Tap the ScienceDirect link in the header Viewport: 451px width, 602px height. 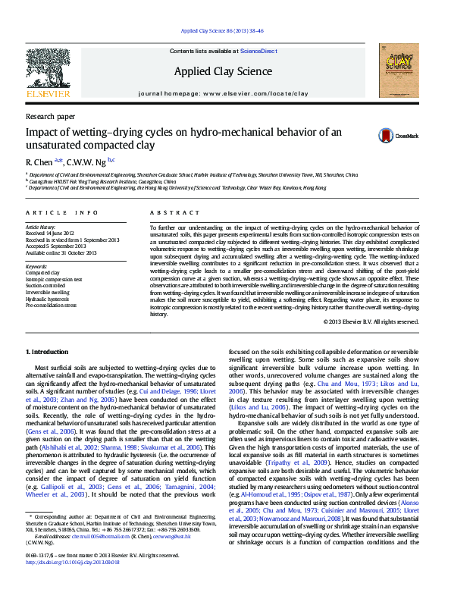point(258,50)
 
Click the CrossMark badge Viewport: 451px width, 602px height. point(398,136)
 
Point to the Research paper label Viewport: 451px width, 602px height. point(50,117)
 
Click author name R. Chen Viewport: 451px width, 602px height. point(38,161)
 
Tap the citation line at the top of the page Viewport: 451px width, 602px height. point(225,30)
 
